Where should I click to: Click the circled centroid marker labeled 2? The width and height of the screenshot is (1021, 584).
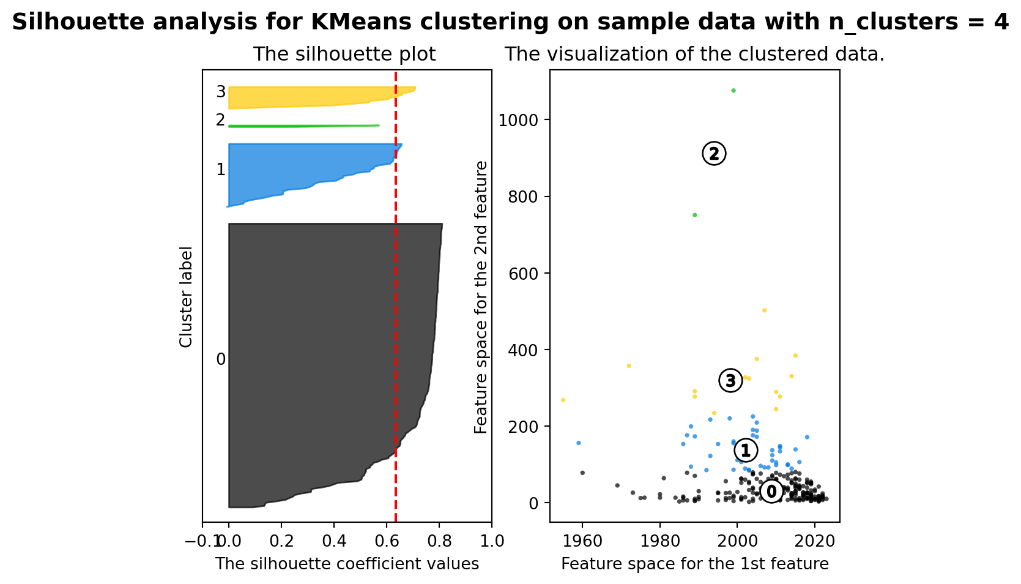pyautogui.click(x=713, y=154)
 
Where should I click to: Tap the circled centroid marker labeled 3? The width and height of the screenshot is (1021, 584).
pyautogui.click(x=730, y=381)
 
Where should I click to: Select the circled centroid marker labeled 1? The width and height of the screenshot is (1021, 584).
pyautogui.click(x=746, y=451)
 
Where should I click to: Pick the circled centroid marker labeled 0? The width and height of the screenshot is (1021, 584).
pyautogui.click(x=771, y=491)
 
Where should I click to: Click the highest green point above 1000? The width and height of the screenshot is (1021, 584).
pyautogui.click(x=733, y=91)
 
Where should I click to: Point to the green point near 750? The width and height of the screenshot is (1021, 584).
pyautogui.click(x=694, y=215)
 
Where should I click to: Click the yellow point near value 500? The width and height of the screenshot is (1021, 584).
pyautogui.click(x=764, y=310)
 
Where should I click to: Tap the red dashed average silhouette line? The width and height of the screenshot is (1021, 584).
pyautogui.click(x=396, y=306)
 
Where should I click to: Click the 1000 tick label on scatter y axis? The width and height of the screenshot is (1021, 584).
pyautogui.click(x=518, y=120)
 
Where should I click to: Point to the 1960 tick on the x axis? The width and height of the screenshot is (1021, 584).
pyautogui.click(x=582, y=541)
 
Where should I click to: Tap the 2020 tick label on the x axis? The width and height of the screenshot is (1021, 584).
pyautogui.click(x=814, y=541)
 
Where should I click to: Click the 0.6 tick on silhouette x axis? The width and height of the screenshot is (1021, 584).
pyautogui.click(x=386, y=541)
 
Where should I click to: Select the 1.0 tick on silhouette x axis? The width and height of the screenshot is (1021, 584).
pyautogui.click(x=491, y=541)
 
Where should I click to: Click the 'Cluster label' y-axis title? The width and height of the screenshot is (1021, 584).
pyautogui.click(x=186, y=297)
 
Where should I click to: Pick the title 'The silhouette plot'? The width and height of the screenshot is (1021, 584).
pyautogui.click(x=344, y=54)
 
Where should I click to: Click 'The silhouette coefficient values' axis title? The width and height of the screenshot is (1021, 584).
pyautogui.click(x=347, y=564)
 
